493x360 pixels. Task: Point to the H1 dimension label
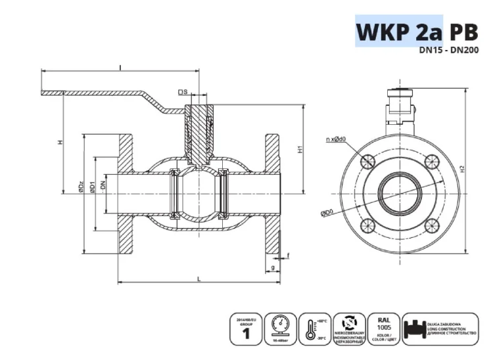pos(299,149)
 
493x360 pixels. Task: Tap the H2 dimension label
pos(463,169)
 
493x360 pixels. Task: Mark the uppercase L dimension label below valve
pos(199,279)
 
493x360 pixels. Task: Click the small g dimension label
pos(272,268)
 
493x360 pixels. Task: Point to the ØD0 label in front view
pos(327,214)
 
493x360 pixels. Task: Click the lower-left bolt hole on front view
pos(368,227)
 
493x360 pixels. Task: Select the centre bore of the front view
pos(399,193)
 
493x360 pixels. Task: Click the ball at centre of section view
pos(198,193)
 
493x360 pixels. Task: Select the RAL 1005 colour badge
pos(383,328)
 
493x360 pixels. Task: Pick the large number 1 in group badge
pos(247,334)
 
